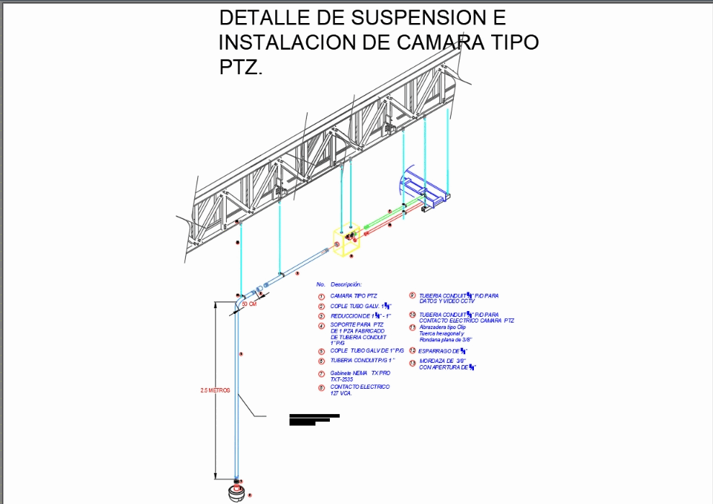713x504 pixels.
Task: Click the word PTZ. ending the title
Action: click(241, 68)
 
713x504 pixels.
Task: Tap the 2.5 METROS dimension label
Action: click(215, 390)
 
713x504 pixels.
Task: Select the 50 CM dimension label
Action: click(248, 304)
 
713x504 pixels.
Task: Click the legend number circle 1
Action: click(321, 297)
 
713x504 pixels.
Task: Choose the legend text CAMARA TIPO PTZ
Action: click(353, 296)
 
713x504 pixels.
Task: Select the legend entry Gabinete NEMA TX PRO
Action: click(360, 373)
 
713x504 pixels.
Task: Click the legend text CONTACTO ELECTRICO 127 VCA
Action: click(359, 390)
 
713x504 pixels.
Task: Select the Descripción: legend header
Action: click(345, 284)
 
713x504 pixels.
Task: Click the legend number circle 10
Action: click(412, 315)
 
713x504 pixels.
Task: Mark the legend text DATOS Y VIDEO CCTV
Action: click(447, 301)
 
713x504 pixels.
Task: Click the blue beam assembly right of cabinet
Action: click(425, 192)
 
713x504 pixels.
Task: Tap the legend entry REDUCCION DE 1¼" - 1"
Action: click(360, 316)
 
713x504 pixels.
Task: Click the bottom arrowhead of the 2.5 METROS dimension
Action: click(215, 474)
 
